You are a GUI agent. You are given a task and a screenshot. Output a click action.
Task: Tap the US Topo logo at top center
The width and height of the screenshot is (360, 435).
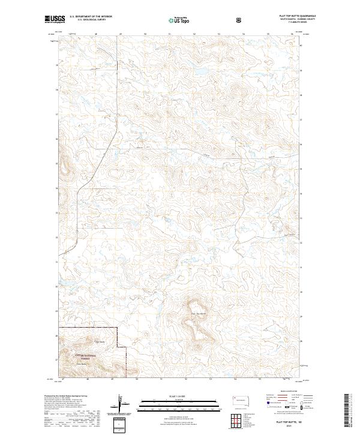179,20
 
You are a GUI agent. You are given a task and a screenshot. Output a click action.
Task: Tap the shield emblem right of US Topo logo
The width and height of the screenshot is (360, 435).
240,20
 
